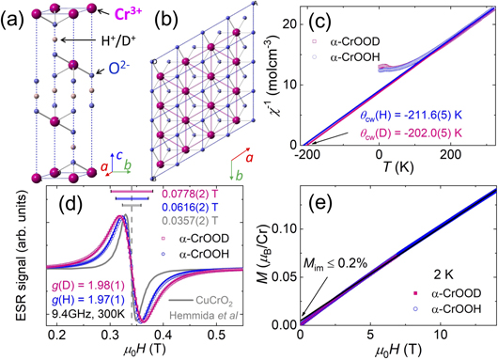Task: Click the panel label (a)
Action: coord(14,13)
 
